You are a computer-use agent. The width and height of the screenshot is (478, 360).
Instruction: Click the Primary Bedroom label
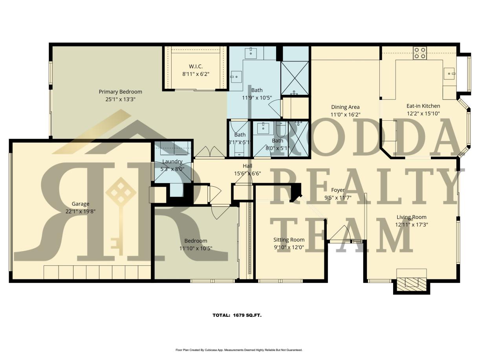(x=120, y=92)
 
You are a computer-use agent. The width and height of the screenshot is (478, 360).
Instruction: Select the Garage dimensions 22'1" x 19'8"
(x=81, y=211)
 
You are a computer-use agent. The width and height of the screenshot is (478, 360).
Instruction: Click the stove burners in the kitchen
(x=419, y=53)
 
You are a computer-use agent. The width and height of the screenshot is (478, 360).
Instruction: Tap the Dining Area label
(x=345, y=107)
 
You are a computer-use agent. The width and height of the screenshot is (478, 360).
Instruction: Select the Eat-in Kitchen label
(x=423, y=106)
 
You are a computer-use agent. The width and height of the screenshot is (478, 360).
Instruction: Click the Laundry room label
(x=172, y=162)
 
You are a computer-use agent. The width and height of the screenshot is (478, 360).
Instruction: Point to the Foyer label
(x=338, y=190)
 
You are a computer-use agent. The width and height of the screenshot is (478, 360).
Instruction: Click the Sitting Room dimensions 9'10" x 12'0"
(x=289, y=247)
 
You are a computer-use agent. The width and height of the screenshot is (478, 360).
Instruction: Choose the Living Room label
(x=411, y=217)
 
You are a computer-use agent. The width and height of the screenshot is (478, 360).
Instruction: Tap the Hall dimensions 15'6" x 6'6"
(x=247, y=173)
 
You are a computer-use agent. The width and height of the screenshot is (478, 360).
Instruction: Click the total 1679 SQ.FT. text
(x=237, y=315)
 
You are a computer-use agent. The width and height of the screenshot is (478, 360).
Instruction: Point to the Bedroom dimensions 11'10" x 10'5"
(x=196, y=248)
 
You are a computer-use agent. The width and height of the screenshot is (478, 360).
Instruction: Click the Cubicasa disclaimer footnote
(x=238, y=350)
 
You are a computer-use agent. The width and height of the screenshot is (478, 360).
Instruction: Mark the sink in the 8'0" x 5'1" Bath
(x=262, y=128)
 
